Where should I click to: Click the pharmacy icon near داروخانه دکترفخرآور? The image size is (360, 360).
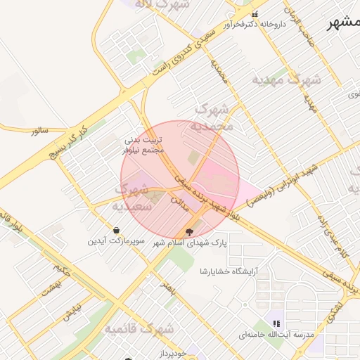pyautogui.click(x=255, y=14)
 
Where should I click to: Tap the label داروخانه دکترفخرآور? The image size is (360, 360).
pyautogui.click(x=255, y=25)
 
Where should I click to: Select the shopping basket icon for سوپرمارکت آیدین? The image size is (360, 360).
pyautogui.click(x=116, y=230)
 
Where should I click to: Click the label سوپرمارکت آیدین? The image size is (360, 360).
pyautogui.click(x=111, y=240)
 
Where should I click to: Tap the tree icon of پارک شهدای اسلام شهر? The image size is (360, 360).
pyautogui.click(x=188, y=231)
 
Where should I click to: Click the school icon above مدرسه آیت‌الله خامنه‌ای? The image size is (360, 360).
pyautogui.click(x=277, y=323)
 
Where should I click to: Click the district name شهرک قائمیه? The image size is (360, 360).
pyautogui.click(x=139, y=328)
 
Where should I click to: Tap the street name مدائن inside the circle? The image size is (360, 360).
pyautogui.click(x=173, y=201)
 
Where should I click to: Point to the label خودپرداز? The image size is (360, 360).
pyautogui.click(x=172, y=354)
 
